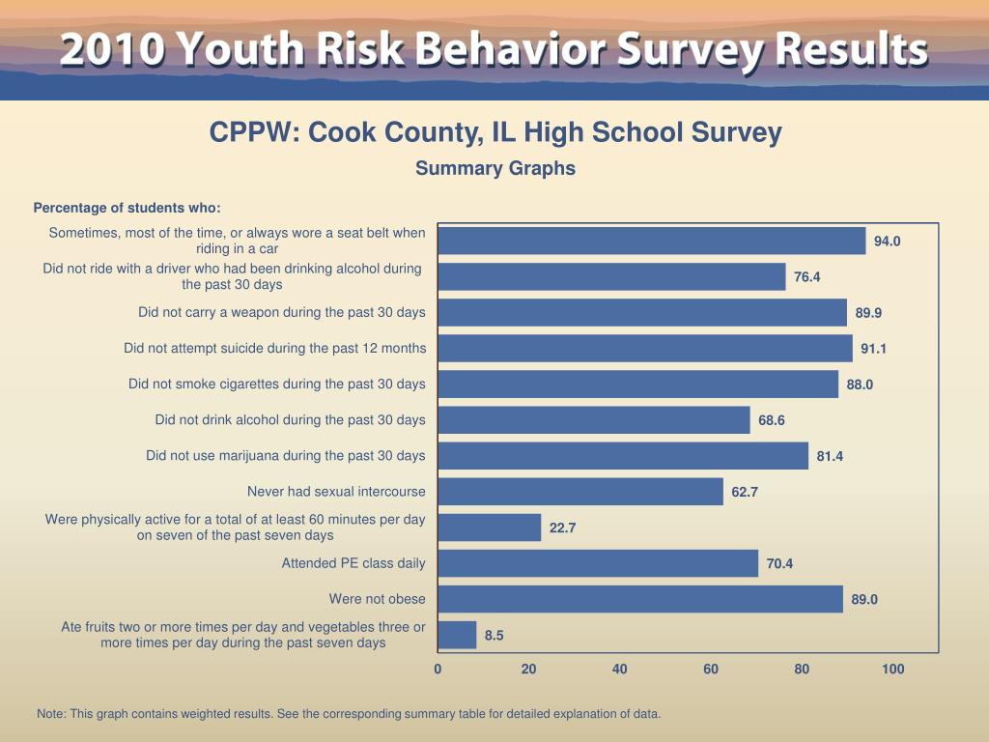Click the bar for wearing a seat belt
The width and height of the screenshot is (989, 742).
point(652,241)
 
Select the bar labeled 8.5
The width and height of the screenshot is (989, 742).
point(457,635)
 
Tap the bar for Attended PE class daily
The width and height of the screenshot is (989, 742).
point(598,563)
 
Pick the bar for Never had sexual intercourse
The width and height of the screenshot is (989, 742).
point(580,492)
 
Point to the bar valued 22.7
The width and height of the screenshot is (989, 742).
point(490,528)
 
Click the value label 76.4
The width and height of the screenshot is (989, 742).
point(806,277)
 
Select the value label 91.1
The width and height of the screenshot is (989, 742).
point(873,349)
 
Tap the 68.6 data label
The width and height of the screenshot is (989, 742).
point(771,420)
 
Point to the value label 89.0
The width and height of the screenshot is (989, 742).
point(864,600)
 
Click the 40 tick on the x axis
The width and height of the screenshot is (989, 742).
point(620,670)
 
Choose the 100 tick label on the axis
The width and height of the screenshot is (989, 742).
point(892,670)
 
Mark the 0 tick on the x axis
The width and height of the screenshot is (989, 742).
point(438,670)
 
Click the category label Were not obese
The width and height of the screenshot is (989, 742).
point(377,599)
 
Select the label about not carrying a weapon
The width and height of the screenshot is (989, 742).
point(281,312)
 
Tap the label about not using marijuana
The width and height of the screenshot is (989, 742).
point(285,455)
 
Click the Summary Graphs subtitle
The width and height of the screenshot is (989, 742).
point(495,168)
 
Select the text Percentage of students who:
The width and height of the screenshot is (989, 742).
point(127,208)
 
